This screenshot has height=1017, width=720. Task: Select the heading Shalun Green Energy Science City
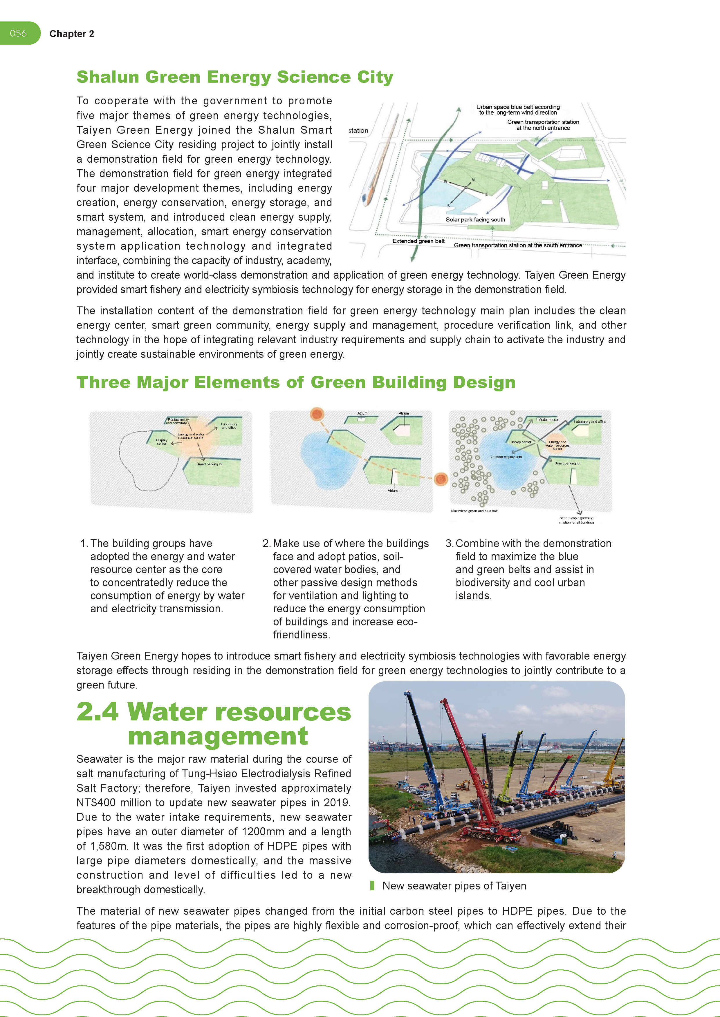[234, 77]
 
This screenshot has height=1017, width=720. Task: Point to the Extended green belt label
[418, 241]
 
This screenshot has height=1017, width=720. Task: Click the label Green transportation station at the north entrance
[543, 125]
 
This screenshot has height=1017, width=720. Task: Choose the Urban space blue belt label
[517, 109]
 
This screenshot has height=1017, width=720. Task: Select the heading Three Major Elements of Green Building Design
[296, 382]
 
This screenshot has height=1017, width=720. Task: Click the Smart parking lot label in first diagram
[209, 464]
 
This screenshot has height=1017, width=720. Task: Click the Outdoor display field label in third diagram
[506, 457]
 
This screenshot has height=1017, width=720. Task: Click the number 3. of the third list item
[449, 544]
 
